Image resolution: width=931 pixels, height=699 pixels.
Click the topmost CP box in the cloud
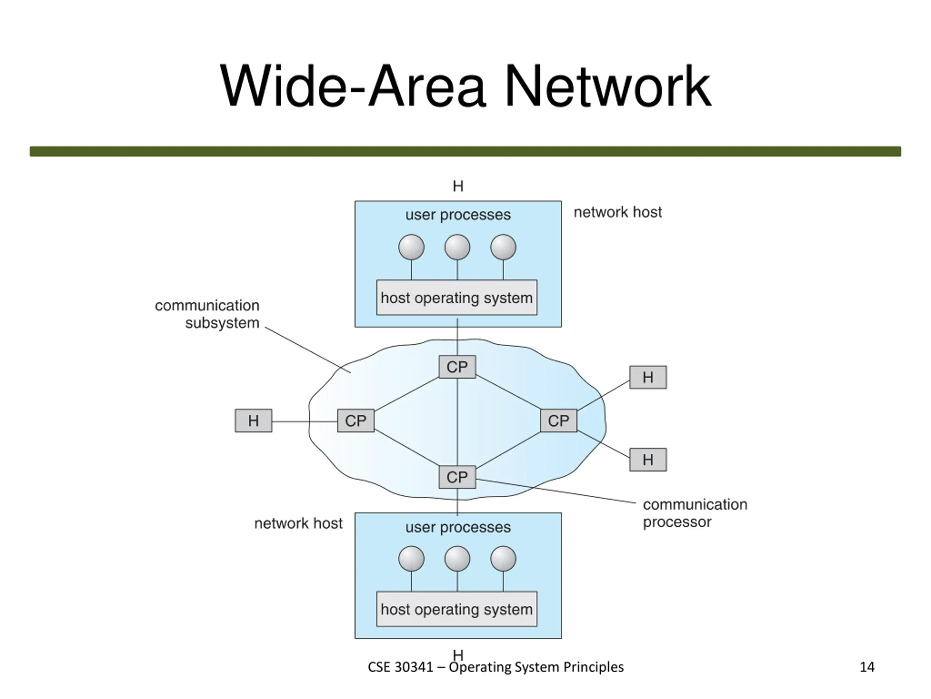pos(457,367)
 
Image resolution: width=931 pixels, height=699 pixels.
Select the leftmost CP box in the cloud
pos(356,420)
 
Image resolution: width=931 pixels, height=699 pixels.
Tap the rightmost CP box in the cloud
pos(559,420)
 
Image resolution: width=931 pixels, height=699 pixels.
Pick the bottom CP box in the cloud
pos(457,477)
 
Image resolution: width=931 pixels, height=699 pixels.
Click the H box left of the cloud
pos(253,420)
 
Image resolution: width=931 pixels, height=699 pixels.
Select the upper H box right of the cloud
pos(648,377)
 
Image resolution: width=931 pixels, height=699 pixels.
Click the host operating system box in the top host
pos(457,297)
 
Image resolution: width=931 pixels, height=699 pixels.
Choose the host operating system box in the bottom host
pos(457,609)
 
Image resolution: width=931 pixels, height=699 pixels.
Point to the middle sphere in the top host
pos(457,247)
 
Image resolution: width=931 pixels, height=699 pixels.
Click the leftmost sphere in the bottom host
pos(411,559)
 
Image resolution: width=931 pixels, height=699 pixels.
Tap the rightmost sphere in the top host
pos(503,247)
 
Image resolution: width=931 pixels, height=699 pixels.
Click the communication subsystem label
pos(207,314)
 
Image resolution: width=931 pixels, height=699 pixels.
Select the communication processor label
pos(695,513)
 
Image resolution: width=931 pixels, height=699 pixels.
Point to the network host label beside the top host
pos(618,212)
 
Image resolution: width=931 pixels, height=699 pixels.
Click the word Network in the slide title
pos(607,86)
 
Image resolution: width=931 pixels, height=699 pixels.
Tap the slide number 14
pos(867,667)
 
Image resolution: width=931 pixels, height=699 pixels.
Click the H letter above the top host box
pos(458,186)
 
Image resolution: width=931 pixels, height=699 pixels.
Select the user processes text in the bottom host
pos(458,527)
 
